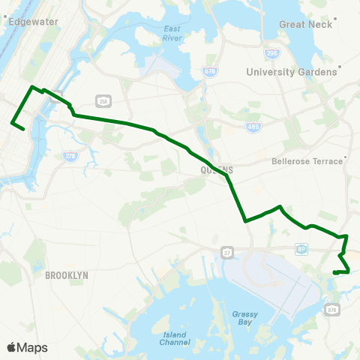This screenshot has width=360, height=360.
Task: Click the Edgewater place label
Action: pyautogui.click(x=32, y=22)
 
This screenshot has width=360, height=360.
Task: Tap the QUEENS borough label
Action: pyautogui.click(x=217, y=170)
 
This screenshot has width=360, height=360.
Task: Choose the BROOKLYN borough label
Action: pyautogui.click(x=67, y=275)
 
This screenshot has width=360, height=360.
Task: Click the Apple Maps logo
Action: pyautogui.click(x=27, y=347)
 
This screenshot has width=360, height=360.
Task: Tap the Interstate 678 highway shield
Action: pyautogui.click(x=210, y=72)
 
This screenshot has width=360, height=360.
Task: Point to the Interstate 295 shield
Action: pyautogui.click(x=271, y=54)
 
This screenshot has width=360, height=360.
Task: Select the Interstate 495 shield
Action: pyautogui.click(x=253, y=127)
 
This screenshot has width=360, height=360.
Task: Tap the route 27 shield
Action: pyautogui.click(x=226, y=250)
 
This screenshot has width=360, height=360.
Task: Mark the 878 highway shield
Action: pyautogui.click(x=332, y=307)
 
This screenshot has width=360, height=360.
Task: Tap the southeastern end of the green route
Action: pyautogui.click(x=334, y=272)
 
